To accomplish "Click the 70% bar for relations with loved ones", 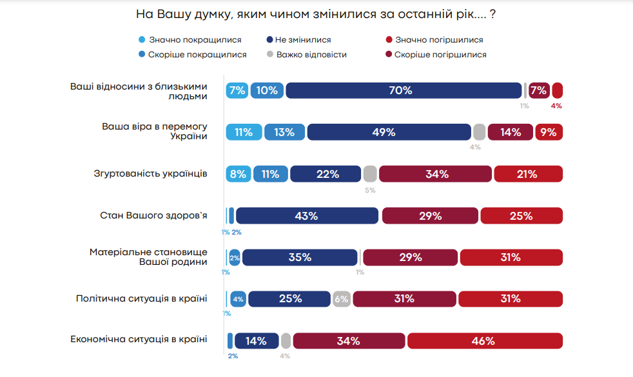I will pos(404,91).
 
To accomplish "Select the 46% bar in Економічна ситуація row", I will pos(484,341).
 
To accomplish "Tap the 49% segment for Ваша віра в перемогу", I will pos(389,132).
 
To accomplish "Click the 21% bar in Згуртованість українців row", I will pos(528,174).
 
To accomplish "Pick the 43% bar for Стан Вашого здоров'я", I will pos(307,216).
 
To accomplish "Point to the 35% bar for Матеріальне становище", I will pos(300,257).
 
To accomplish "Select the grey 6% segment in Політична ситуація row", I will pos(342,299).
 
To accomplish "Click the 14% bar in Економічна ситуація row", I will pos(257,341).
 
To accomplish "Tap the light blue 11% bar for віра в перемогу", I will pos(244,132).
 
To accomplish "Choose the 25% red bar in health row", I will pos(521,216).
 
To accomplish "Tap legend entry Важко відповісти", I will pos(311,55).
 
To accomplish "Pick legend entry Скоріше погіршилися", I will pos(440,55).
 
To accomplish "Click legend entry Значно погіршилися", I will pos(438,40).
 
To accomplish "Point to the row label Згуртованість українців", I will pos(151,173).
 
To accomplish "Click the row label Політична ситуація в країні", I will pos(141,298).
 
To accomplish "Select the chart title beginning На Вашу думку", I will pos(316,14).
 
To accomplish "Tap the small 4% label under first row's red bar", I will pos(556,106).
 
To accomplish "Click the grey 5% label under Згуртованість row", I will pos(370,190).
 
